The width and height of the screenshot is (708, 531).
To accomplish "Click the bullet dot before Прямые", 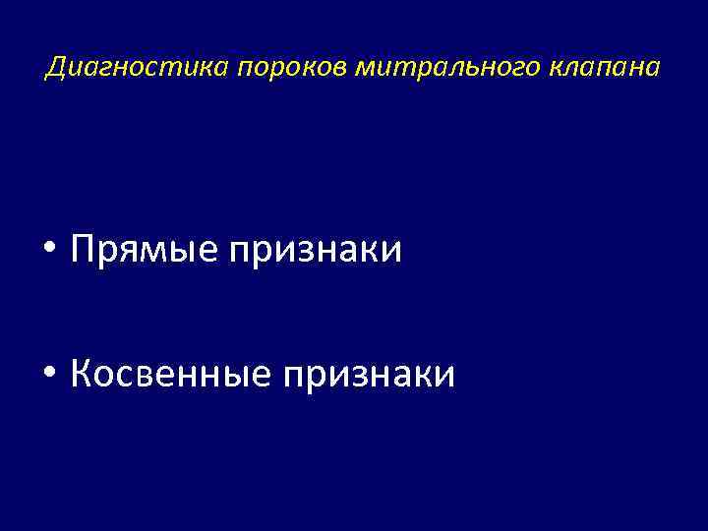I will click(51, 251).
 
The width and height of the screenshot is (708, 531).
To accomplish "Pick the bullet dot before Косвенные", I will click(51, 374).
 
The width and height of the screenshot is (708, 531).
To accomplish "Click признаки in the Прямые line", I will click(315, 251).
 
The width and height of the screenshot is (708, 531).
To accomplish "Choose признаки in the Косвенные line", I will click(368, 374).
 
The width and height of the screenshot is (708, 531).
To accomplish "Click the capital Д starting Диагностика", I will click(56, 69).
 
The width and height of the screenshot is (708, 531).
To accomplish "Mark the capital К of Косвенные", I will click(83, 374).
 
